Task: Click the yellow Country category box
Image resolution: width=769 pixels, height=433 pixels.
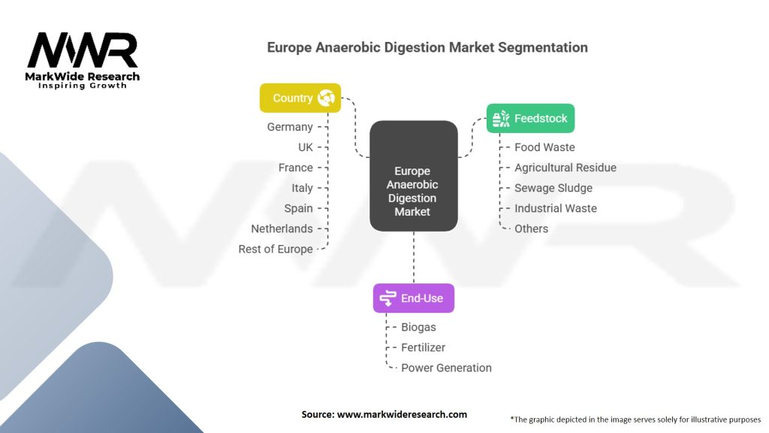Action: pos(300,98)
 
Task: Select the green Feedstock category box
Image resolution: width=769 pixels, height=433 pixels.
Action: pos(530,118)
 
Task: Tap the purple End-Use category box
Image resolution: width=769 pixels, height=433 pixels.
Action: pos(413,298)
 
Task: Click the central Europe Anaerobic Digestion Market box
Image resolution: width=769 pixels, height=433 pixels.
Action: pos(413,176)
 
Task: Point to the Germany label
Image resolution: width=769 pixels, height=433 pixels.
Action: pos(290,127)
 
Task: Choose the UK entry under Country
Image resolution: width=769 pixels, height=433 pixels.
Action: pos(305,147)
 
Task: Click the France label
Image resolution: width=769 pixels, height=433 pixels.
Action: pos(295,168)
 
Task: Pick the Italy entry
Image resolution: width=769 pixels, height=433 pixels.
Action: pos(302,188)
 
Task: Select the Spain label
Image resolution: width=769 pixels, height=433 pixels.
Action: pos(298,208)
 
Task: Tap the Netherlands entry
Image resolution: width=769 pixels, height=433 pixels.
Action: pos(282,229)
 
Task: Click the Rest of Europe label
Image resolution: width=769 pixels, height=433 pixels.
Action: pos(276,249)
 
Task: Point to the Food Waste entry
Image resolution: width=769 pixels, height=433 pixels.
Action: pos(544,147)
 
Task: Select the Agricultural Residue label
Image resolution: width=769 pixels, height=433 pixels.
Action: pos(565,168)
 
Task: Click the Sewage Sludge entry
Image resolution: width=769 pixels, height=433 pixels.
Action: pos(553,188)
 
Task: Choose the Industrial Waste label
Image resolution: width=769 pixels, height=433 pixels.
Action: pos(556,208)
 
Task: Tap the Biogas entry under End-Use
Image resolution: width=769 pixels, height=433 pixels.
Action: pos(418,327)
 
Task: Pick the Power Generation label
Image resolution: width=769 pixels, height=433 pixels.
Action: pos(446,368)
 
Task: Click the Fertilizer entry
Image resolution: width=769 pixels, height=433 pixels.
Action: pos(423,347)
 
